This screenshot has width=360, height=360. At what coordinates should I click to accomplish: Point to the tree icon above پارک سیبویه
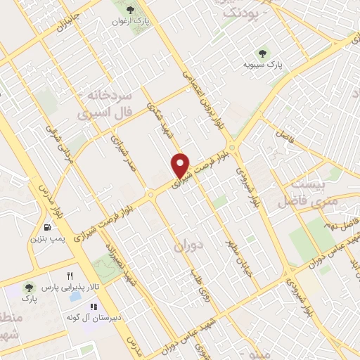pyautogui.click(x=263, y=52)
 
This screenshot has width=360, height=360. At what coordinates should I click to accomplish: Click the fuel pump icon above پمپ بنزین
pyautogui.click(x=46, y=227)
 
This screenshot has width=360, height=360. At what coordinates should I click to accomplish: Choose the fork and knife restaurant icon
pyautogui.click(x=69, y=275)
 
